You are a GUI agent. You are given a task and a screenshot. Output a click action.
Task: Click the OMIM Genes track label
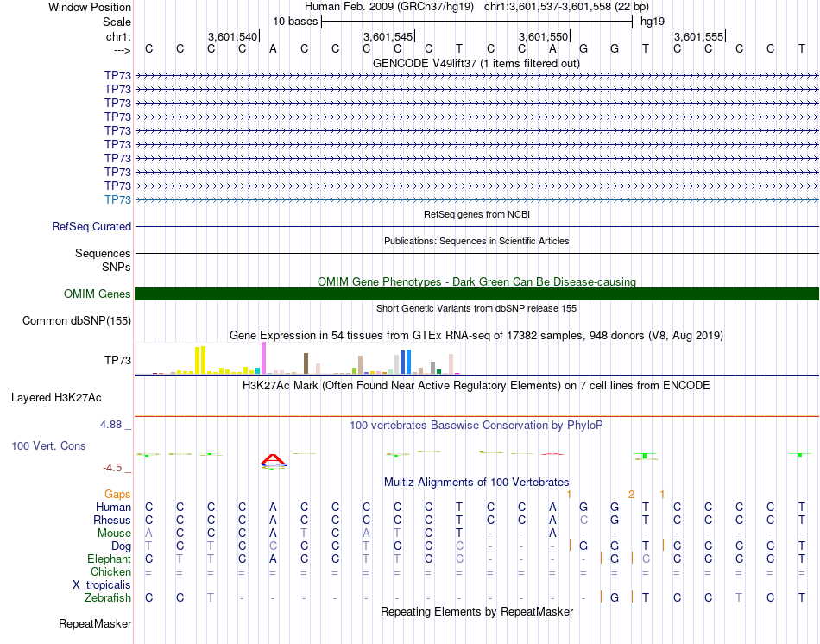coord(98,294)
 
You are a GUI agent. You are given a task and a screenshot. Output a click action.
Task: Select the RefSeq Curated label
coord(91,227)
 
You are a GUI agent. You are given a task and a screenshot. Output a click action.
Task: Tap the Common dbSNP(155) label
coord(76,321)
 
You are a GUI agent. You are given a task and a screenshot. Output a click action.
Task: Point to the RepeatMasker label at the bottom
coord(95,622)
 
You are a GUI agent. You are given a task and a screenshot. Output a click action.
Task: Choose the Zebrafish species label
coord(108,597)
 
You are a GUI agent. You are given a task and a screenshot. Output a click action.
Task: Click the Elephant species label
coord(109,559)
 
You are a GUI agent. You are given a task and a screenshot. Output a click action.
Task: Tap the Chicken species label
coord(110,571)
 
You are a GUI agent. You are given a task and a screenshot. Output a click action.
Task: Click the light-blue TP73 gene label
coord(117,199)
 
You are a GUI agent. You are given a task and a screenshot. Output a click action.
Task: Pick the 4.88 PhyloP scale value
coord(113,425)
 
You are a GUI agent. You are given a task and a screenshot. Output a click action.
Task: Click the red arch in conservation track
coord(273,459)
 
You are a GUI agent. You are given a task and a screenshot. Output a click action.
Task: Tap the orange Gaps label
coord(117,494)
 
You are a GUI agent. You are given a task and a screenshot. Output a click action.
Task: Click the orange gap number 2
coord(631,494)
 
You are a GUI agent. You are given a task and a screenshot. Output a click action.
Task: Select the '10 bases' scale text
coord(295,21)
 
